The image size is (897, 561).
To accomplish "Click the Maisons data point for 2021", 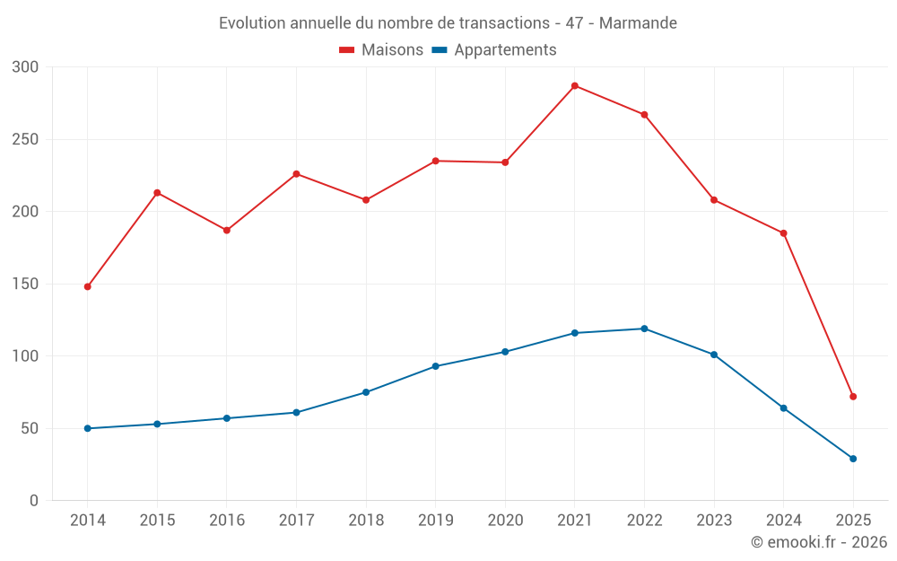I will tap(575, 86).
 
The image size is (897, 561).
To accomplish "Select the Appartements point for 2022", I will tap(644, 329).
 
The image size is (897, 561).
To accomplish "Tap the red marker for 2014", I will tap(88, 286).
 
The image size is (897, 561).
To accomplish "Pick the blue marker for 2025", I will tap(853, 459).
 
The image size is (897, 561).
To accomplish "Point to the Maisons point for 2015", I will tap(157, 193).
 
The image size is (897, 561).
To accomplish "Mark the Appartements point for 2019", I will tap(435, 366).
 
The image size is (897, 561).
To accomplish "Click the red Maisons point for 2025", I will tap(853, 397).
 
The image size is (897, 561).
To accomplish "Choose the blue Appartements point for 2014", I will tap(88, 428).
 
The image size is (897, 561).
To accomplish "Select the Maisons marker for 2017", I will tap(296, 174).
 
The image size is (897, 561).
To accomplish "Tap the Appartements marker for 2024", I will tap(783, 408).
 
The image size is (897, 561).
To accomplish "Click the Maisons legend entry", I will tap(381, 50).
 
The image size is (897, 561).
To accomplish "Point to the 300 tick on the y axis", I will tap(26, 67).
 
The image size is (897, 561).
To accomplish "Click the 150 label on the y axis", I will tap(26, 285).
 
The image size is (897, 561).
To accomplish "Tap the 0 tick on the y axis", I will tap(33, 501).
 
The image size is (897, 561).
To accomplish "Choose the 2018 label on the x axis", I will tap(366, 521).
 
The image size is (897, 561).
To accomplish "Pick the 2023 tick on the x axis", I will tap(714, 521).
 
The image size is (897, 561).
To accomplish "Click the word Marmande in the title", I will tap(638, 22).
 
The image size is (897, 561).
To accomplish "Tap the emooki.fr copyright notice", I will tap(818, 542).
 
